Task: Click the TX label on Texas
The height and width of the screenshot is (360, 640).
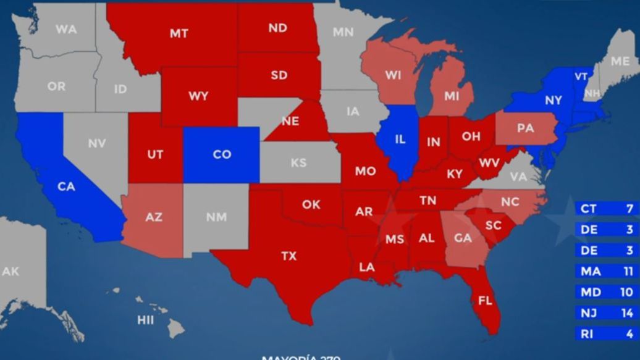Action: [x=288, y=256]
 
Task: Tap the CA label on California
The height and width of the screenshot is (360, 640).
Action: [x=66, y=186]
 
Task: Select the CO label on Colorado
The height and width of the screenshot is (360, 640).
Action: [x=222, y=154]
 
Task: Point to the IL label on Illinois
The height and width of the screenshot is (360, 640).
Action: [x=400, y=140]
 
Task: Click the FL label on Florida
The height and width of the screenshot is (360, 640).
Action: [x=486, y=301]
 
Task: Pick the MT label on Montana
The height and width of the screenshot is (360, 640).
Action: [x=179, y=34]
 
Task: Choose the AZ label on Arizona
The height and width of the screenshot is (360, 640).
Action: [x=154, y=217]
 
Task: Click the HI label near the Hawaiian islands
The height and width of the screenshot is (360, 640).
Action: [x=145, y=320]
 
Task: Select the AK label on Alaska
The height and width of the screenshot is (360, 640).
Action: [x=11, y=271]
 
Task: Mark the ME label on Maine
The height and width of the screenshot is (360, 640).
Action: [x=620, y=61]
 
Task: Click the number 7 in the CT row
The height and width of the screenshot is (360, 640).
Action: [x=629, y=209]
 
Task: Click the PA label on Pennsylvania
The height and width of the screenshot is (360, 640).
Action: [x=525, y=128]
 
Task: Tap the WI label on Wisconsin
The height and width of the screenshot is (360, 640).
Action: [x=393, y=75]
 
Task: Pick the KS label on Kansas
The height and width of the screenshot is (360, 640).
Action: [x=298, y=164]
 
